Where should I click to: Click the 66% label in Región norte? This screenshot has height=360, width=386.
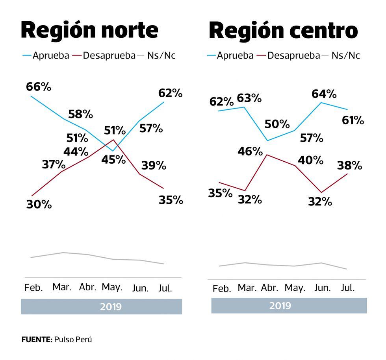(x=39, y=87)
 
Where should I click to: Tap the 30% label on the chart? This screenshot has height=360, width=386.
(x=39, y=205)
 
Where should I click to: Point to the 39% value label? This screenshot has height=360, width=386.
(x=154, y=165)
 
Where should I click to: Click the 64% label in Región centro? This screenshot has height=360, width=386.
(x=324, y=94)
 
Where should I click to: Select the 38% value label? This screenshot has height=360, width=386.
(x=349, y=166)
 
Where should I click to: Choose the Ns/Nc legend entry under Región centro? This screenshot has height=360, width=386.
(x=345, y=55)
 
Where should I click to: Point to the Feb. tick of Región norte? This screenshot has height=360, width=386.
(x=33, y=288)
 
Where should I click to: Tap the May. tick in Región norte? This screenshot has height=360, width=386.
(x=112, y=287)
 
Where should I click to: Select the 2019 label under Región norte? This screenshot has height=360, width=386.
(x=111, y=306)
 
